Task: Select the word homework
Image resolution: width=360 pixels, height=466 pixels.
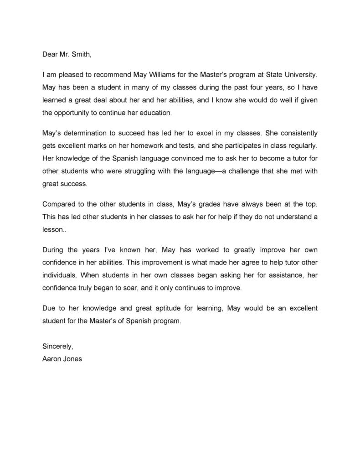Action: pyautogui.click(x=149, y=146)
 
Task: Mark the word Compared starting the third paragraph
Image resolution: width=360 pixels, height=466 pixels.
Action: pyautogui.click(x=59, y=204)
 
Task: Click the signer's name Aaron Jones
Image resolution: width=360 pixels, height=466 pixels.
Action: pyautogui.click(x=62, y=359)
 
